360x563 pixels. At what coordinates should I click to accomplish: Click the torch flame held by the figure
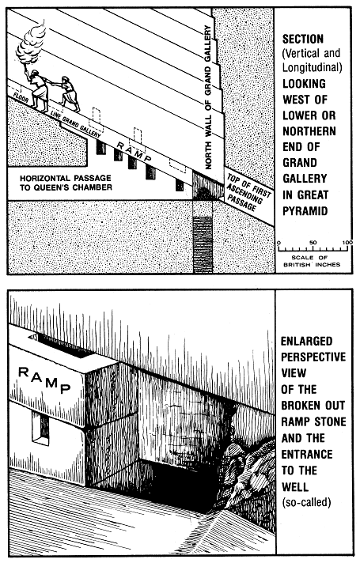click(x=32, y=40)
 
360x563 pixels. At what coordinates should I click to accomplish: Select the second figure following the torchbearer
click(x=70, y=94)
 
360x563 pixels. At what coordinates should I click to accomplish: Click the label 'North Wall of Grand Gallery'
click(x=208, y=97)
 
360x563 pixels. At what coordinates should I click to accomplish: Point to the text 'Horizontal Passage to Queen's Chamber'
click(x=66, y=183)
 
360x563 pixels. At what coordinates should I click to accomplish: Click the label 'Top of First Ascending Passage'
click(x=248, y=193)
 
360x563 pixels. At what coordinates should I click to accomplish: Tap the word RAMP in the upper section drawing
click(x=135, y=151)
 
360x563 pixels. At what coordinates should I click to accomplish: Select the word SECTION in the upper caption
click(x=303, y=39)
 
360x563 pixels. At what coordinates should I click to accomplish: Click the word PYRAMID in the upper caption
click(x=305, y=210)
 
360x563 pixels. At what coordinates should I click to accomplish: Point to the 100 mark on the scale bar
click(x=347, y=243)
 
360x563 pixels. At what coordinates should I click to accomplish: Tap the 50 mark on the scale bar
click(x=313, y=243)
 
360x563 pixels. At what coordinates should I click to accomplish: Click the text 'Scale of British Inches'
click(x=312, y=261)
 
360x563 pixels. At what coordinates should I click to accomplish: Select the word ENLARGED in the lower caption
click(x=307, y=341)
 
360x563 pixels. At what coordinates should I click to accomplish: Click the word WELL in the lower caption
click(x=295, y=487)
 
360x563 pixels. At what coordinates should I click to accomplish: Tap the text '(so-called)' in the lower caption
click(x=305, y=502)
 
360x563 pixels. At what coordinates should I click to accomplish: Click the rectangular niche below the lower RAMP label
click(x=40, y=428)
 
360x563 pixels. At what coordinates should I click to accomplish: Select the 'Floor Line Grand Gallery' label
click(x=58, y=115)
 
